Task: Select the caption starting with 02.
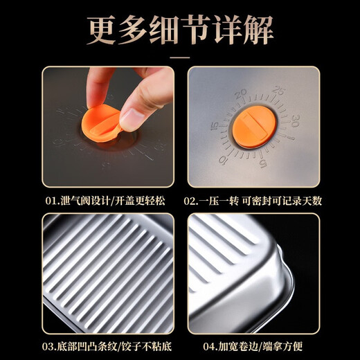click(253, 201)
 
